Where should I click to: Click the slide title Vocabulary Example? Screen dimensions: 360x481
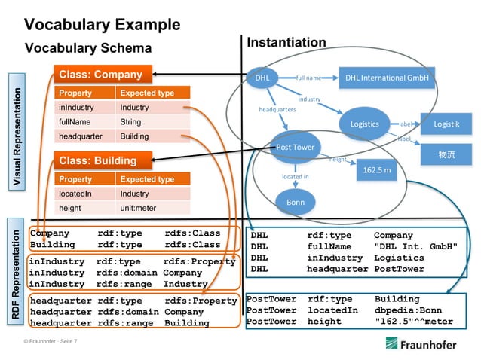pos(102,24)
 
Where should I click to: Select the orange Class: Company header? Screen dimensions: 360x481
pos(103,75)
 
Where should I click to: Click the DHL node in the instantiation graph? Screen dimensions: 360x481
pos(262,78)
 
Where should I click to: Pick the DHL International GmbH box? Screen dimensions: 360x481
pos(386,78)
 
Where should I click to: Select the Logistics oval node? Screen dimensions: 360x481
pos(365,124)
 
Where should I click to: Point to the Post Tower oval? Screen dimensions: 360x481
pos(296,147)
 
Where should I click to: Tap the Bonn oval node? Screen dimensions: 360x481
pos(296,202)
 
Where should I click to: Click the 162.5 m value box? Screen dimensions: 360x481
pos(377,170)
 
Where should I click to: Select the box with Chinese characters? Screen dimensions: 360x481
pos(446,154)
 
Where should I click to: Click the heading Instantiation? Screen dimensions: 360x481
pos(286,43)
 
